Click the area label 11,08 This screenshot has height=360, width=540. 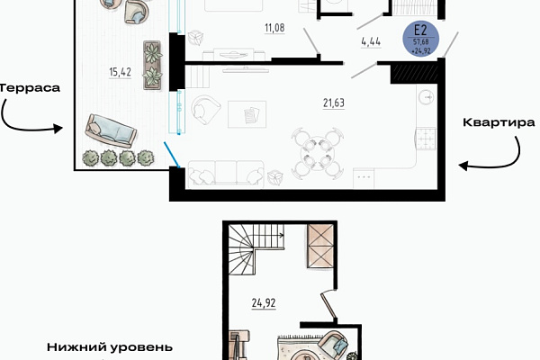pos(274,28)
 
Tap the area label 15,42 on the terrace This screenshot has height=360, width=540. pos(121,72)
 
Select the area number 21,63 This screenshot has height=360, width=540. pos(334,103)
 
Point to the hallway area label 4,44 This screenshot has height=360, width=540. pos(371,41)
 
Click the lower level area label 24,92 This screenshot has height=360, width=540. pos(264,303)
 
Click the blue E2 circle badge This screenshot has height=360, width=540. pos(421,39)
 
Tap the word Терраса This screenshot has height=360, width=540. pos(30,88)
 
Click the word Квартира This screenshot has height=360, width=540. pos(499,122)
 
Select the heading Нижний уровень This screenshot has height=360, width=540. pos(110,347)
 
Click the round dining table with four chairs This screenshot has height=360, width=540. pos(318,153)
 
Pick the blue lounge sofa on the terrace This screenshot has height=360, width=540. pos(111,130)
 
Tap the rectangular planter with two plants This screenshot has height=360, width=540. pos(152,66)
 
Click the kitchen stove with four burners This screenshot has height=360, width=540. pos(427,139)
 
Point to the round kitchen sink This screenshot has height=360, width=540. pos(427,97)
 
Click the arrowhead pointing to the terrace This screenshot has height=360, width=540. pos(58,129)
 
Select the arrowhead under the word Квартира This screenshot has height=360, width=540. pos(463,166)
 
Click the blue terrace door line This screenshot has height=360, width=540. pos(172,155)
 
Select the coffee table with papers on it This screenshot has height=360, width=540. pos(247,114)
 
